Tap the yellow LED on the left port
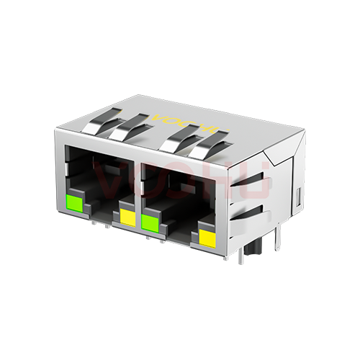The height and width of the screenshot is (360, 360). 127,215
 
